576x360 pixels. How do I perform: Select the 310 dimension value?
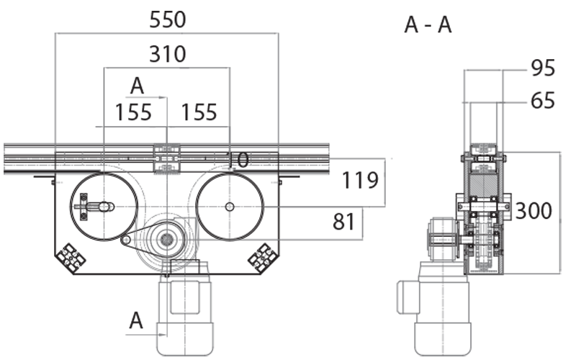click(x=167, y=54)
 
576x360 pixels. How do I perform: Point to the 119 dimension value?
click(x=360, y=179)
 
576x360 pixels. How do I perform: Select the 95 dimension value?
click(x=543, y=68)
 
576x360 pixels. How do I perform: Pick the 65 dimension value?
click(x=543, y=101)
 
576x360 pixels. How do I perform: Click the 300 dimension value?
click(x=534, y=211)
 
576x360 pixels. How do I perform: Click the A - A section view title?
click(x=428, y=25)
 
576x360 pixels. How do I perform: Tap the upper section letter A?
click(x=137, y=86)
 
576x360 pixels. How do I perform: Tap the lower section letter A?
click(x=136, y=321)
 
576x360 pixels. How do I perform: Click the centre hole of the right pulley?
click(x=229, y=207)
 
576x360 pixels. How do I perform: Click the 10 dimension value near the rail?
click(x=238, y=161)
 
